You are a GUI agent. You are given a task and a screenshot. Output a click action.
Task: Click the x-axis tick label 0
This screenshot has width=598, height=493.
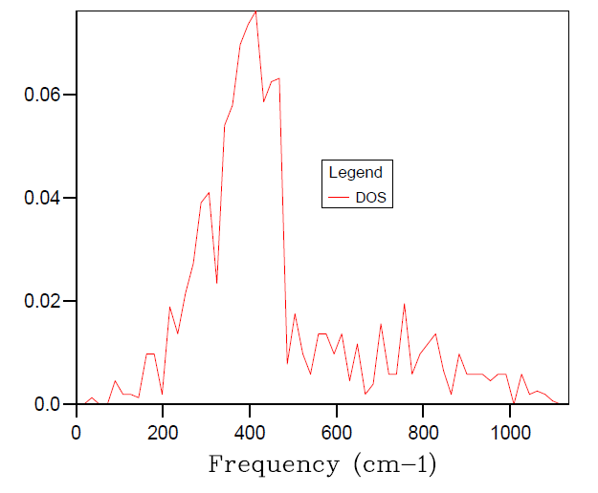point(77,432)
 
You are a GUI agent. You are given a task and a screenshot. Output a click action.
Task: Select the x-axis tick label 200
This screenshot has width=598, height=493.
point(163,432)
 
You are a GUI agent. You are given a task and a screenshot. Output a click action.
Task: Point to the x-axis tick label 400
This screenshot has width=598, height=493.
point(250,432)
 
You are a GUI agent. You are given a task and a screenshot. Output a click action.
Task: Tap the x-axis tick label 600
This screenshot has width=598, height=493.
point(337,432)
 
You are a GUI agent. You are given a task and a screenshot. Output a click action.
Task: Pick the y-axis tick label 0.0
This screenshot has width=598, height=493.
point(47,405)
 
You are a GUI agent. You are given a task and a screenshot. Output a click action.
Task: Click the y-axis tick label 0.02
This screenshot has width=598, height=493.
point(43,302)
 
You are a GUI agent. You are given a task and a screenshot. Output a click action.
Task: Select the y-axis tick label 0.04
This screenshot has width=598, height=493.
point(43,199)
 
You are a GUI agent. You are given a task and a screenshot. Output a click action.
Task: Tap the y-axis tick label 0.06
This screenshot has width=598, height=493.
point(43,96)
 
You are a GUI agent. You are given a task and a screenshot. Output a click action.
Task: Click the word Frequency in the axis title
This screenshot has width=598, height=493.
point(273,465)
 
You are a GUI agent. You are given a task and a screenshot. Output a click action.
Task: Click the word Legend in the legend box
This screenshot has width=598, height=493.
point(355,173)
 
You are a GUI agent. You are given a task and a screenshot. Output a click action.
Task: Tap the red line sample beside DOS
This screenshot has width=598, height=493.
point(342,198)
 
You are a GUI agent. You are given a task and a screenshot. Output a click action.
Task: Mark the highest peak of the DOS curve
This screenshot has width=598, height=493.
point(255,11)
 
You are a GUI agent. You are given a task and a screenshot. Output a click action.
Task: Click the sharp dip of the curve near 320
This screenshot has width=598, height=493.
point(216,283)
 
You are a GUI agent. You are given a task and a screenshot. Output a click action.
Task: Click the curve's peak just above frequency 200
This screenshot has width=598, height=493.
point(170,307)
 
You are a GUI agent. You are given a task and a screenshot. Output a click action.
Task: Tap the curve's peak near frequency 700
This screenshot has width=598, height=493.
point(381,325)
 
